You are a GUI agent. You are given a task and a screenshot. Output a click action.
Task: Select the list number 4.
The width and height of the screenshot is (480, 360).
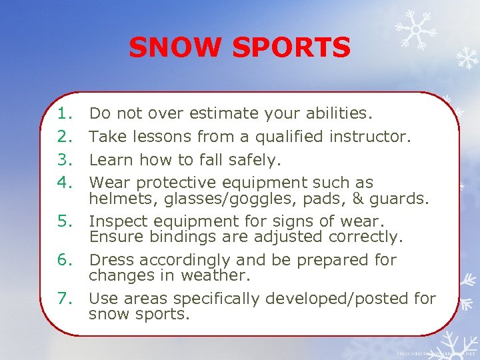point(65,182)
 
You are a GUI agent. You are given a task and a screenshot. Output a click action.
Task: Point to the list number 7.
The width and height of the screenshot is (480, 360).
point(65,298)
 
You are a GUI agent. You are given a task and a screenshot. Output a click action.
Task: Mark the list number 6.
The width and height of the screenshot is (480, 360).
point(65,259)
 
